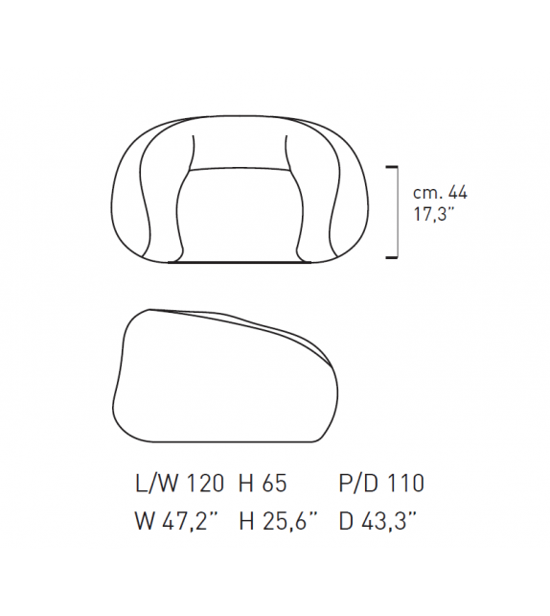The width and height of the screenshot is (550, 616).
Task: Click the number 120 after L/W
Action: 204,483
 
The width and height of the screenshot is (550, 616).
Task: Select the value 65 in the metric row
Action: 275,483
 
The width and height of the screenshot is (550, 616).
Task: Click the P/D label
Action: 359,483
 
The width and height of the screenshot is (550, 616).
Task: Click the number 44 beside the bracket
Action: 458,193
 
